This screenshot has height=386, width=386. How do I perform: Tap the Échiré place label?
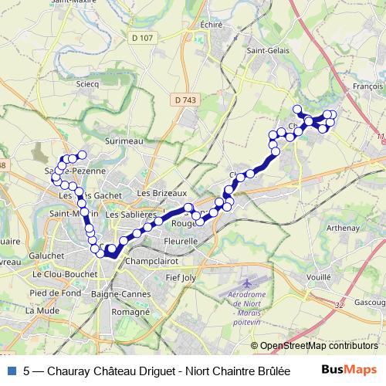(210, 24)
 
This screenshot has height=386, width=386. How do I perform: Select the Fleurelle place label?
(182, 241)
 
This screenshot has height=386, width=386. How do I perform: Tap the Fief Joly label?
(183, 276)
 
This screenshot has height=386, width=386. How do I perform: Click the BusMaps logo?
(348, 370)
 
